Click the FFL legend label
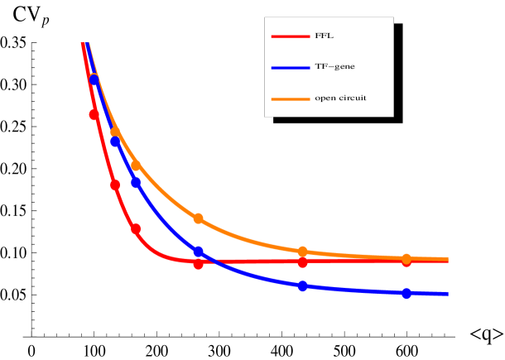click(x=324, y=36)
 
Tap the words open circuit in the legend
click(x=340, y=98)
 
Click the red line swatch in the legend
click(x=290, y=36)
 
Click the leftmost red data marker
click(x=94, y=115)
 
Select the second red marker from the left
click(x=115, y=185)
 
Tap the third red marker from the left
click(x=136, y=228)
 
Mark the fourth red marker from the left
click(x=199, y=263)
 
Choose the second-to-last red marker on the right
click(x=303, y=262)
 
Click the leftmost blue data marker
click(x=94, y=79)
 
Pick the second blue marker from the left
click(x=115, y=142)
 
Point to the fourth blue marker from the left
click(x=199, y=251)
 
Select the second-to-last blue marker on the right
click(x=303, y=286)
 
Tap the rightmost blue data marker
click(x=406, y=293)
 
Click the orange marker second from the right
click(x=303, y=251)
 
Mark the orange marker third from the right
click(x=199, y=218)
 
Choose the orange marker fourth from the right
click(x=136, y=166)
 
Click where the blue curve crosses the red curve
click(x=207, y=262)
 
